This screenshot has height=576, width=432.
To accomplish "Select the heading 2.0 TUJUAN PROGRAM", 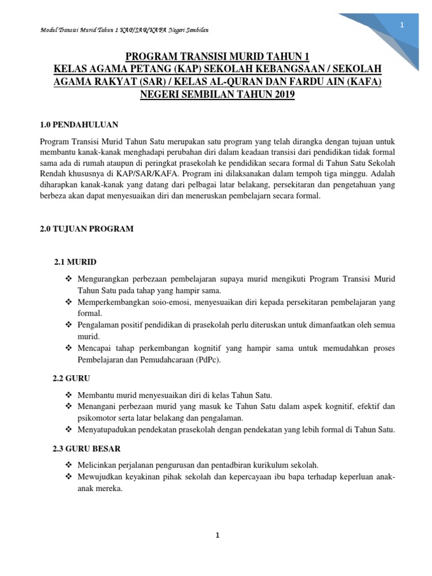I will tap(87, 229).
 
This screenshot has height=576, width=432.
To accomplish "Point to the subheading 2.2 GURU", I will tap(71, 379).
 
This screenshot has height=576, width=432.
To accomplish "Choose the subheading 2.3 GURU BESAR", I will tap(85, 449).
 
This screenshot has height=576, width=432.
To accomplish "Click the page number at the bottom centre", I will tap(217, 535).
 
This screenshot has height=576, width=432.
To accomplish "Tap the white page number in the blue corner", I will tap(402, 25).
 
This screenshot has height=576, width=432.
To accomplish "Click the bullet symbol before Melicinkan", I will tap(69, 465).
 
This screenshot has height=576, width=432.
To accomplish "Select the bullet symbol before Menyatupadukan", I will tap(69, 430).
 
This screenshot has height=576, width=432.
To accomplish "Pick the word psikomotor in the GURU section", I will tap(98, 418).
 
